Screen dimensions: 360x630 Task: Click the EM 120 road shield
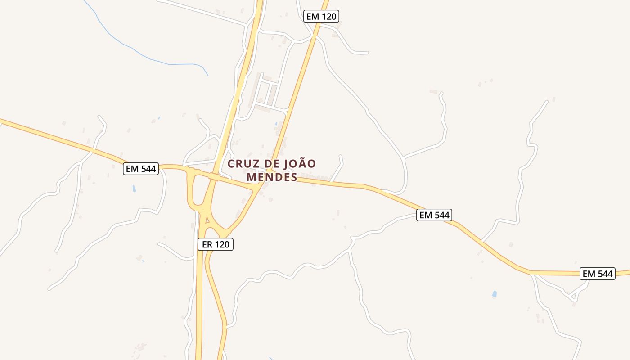(321, 17)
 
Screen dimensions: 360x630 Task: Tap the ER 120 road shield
(216, 244)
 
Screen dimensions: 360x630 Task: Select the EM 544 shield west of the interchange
(141, 169)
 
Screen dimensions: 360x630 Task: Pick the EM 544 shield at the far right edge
(598, 274)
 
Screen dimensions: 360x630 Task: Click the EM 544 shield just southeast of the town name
(434, 215)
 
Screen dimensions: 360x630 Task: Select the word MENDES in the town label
(272, 177)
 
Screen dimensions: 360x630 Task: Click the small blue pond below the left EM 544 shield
(134, 189)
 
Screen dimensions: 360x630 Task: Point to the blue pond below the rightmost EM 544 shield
(495, 294)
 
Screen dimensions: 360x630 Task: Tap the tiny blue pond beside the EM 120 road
(276, 123)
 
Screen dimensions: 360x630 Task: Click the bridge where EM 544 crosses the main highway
(214, 177)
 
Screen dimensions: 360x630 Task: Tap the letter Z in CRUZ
(254, 164)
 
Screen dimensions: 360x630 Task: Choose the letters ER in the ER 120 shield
(207, 244)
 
